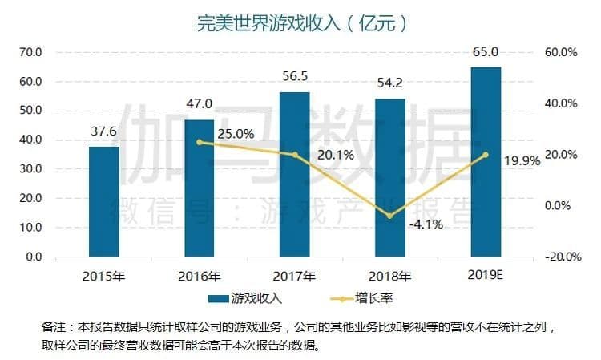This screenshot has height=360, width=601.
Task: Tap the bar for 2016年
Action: (200, 188)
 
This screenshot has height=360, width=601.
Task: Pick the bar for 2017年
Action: (294, 174)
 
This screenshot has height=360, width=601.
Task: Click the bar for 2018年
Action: (390, 177)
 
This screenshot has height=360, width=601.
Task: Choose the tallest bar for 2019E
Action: (486, 161)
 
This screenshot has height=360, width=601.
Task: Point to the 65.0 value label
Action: (486, 52)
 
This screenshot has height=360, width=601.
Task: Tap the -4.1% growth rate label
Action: (426, 224)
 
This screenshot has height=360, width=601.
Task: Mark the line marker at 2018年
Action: (390, 216)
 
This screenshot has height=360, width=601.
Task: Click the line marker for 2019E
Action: (486, 155)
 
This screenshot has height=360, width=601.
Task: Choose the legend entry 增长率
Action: (361, 299)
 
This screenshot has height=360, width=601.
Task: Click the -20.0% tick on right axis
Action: (560, 257)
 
